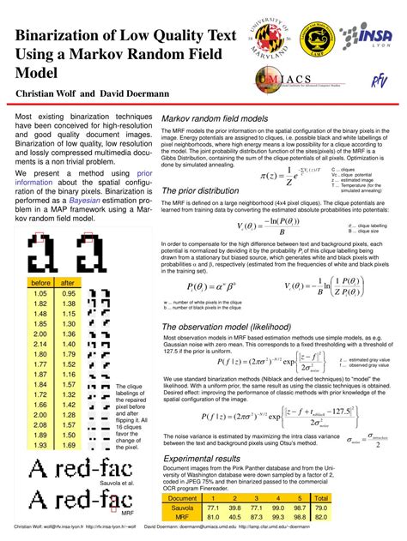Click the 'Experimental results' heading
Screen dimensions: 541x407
[203, 459]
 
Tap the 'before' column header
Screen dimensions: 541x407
[40, 282]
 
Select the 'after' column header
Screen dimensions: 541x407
[69, 282]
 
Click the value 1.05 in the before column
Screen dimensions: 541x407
[40, 293]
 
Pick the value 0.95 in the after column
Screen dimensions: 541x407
[69, 293]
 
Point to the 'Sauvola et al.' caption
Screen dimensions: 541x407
[126, 483]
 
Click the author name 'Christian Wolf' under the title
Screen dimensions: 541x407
[50, 93]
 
